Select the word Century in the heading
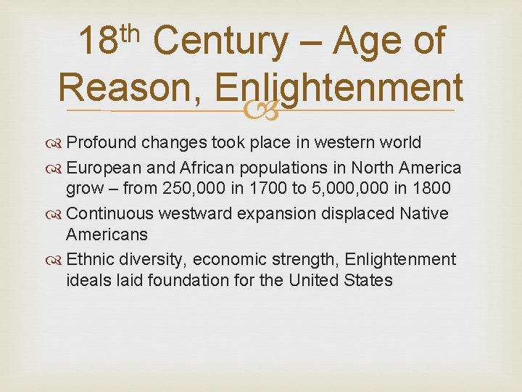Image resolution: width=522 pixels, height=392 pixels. point(220,43)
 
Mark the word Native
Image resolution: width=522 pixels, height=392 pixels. point(423,214)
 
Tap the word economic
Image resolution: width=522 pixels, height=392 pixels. point(234,260)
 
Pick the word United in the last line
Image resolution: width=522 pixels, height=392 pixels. point(316,281)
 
